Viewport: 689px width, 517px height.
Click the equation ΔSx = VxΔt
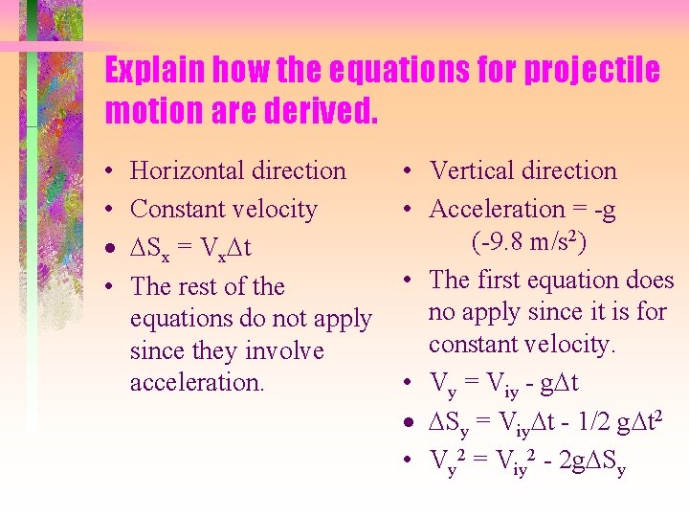[190, 249]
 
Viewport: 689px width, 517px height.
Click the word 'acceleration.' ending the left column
[196, 383]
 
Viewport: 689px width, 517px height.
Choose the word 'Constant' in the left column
[175, 209]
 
